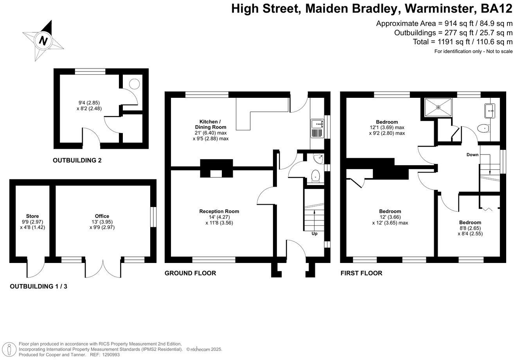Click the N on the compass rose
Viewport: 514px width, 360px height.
pos(43,41)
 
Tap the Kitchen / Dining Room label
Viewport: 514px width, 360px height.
pos(210,124)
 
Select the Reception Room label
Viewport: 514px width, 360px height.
pos(219,211)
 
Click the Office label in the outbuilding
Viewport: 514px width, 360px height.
pos(102,216)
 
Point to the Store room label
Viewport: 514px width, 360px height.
pos(32,216)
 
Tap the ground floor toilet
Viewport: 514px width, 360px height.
pos(316,176)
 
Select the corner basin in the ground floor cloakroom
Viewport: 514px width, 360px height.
pos(319,158)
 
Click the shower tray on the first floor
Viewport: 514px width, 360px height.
pos(438,107)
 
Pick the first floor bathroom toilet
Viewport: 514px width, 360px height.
pos(483,129)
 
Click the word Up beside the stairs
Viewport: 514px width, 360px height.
pos(315,234)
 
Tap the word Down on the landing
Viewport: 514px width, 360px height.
pos(473,155)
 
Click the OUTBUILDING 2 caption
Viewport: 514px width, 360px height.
pos(77,160)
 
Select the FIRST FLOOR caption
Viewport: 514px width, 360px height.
pos(361,273)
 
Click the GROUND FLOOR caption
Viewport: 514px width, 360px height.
pos(190,273)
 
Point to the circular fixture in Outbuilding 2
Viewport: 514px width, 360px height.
pos(134,84)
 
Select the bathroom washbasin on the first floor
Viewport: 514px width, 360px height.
pos(489,111)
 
